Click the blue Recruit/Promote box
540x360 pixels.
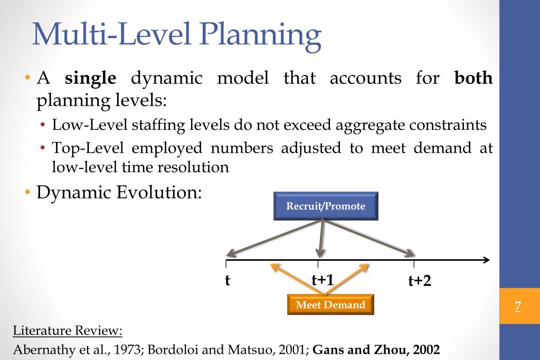(326, 206)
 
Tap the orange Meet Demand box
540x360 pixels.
(330, 305)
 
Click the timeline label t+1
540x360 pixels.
(323, 279)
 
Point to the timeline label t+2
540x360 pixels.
(420, 281)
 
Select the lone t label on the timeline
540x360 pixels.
(228, 280)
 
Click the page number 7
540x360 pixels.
(518, 306)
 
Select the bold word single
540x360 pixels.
(90, 79)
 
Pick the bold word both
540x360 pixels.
(473, 79)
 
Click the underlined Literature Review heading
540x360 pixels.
(67, 331)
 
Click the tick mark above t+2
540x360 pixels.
(414, 263)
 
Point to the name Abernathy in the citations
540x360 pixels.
(39, 349)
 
